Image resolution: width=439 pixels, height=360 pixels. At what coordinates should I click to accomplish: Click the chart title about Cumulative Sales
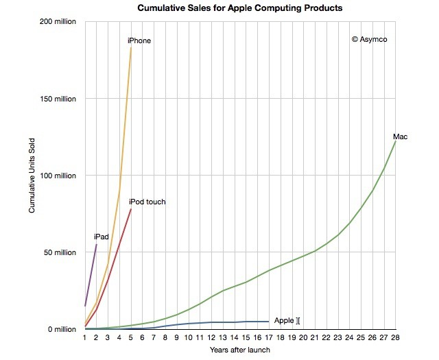click(x=239, y=8)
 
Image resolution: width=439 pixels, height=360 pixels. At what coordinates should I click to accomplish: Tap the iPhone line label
click(x=139, y=41)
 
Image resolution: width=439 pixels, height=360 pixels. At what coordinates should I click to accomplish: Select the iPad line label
click(x=102, y=237)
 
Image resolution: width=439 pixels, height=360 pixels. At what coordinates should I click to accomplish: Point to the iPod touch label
click(x=147, y=202)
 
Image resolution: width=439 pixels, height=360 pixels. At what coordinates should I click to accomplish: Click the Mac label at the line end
click(x=401, y=137)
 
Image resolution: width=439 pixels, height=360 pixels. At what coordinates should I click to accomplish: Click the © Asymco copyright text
click(x=369, y=40)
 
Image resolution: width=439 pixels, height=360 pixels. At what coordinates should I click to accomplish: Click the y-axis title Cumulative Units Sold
click(x=32, y=176)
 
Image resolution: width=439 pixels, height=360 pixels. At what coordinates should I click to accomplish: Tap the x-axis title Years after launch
click(x=239, y=350)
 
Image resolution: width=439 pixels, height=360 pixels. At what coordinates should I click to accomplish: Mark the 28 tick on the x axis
click(x=395, y=337)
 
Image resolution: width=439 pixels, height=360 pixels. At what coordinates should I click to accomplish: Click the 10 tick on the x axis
click(x=188, y=337)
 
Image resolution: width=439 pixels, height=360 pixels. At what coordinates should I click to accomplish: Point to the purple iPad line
click(x=91, y=275)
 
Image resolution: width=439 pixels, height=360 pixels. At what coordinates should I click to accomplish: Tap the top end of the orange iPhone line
click(x=131, y=47)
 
